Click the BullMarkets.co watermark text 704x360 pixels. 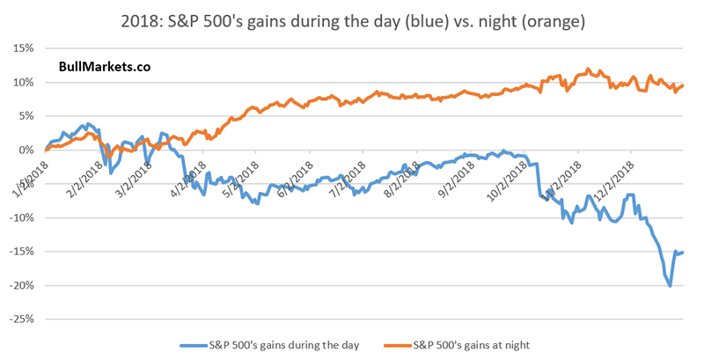click(99, 66)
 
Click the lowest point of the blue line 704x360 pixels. click(671, 286)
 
